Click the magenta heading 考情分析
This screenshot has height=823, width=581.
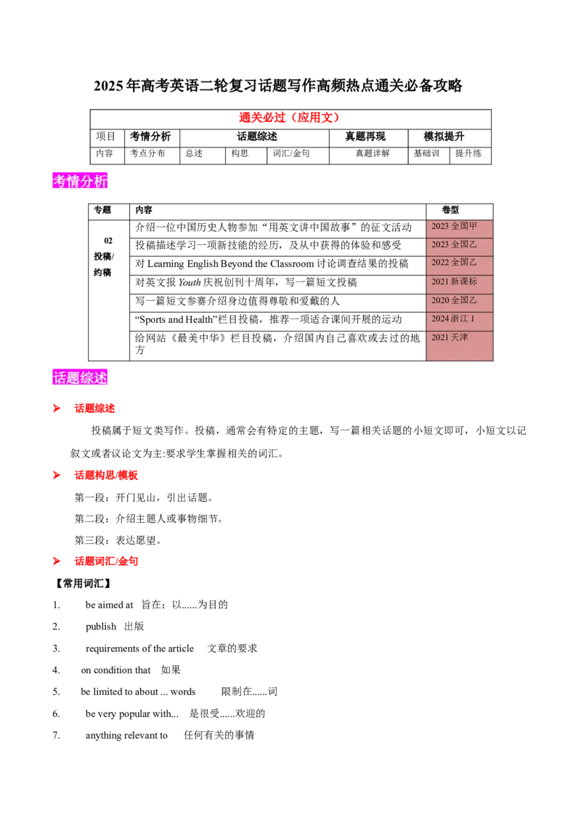[x=81, y=181]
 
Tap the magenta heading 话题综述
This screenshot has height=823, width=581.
[x=81, y=378]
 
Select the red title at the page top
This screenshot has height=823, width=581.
[x=290, y=118]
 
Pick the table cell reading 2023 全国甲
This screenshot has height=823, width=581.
[x=459, y=226]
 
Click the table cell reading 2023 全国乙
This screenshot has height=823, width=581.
[x=459, y=244]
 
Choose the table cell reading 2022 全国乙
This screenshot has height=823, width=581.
[x=459, y=262]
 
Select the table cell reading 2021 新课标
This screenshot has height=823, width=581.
[x=459, y=281]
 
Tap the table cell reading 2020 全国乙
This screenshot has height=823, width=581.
[x=459, y=300]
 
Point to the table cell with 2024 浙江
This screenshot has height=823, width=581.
[x=459, y=319]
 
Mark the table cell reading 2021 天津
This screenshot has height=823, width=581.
[x=459, y=338]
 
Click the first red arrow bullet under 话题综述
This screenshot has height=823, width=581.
[x=57, y=409]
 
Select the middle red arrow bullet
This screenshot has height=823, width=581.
[x=57, y=475]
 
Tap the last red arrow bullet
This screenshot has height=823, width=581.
[x=57, y=561]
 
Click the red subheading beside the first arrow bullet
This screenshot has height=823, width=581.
[x=94, y=409]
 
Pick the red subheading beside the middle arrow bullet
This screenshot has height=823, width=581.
[x=106, y=475]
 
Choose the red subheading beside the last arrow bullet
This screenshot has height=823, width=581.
[x=106, y=561]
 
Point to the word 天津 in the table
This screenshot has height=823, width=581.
[x=460, y=338]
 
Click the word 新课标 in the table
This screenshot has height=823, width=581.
[x=465, y=281]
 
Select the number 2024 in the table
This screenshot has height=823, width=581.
[x=440, y=319]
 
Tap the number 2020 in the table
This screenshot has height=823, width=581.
[x=440, y=300]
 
